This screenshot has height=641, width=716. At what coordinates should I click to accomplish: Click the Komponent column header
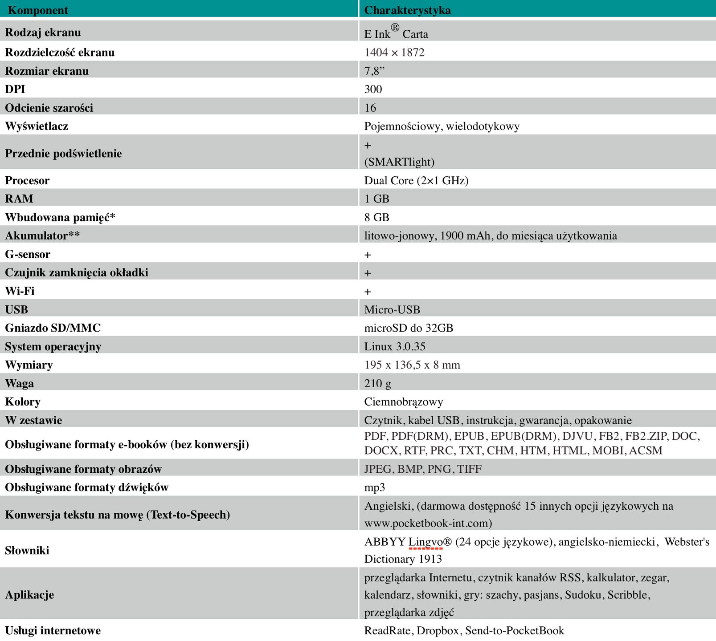click(x=38, y=10)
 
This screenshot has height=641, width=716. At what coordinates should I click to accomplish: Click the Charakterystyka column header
click(x=407, y=10)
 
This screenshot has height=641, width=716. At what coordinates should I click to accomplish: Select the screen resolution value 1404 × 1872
click(x=394, y=53)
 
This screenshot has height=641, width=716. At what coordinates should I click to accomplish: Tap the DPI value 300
click(x=373, y=89)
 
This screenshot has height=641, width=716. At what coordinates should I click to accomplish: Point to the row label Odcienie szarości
click(x=49, y=108)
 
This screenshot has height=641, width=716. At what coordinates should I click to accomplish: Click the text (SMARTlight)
click(x=399, y=162)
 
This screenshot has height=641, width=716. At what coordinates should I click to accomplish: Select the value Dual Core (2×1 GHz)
click(x=416, y=180)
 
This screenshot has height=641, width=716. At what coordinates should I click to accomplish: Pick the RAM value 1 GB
click(x=376, y=199)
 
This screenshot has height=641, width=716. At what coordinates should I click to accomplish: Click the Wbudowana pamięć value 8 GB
click(x=376, y=217)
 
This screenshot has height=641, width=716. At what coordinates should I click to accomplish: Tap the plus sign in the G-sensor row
click(x=368, y=255)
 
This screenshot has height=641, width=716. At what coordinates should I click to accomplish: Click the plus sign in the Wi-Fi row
click(x=368, y=292)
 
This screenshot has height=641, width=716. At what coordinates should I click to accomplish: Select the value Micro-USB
click(x=392, y=310)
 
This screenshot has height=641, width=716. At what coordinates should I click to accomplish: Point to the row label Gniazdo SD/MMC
click(x=53, y=328)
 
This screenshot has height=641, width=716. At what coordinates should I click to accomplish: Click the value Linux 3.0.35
click(x=395, y=346)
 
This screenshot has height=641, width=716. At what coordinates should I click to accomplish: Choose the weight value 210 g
click(x=377, y=383)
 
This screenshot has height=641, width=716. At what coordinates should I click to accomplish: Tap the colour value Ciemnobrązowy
click(x=403, y=402)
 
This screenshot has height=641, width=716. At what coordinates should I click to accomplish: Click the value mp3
click(x=374, y=487)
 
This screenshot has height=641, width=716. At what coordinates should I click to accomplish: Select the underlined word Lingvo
click(x=426, y=542)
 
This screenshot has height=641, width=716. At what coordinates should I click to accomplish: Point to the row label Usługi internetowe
click(x=53, y=630)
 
